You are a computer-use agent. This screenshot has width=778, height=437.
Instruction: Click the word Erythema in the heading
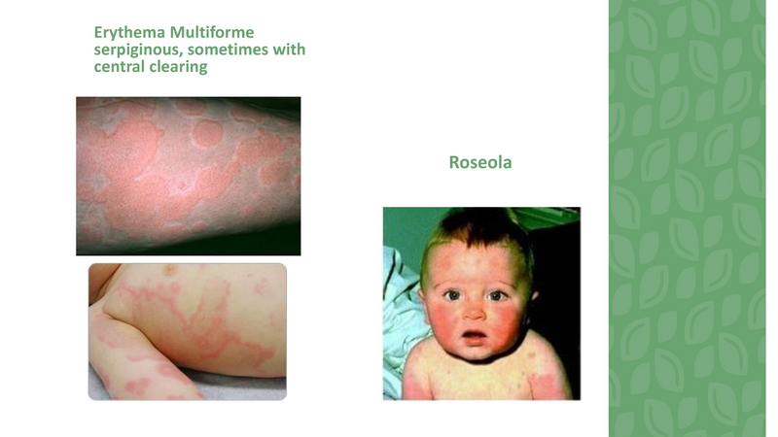(124, 32)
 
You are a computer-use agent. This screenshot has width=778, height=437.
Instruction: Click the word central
(120, 67)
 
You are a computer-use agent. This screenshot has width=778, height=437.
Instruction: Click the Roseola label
(480, 163)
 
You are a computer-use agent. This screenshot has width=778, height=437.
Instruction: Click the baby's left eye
(499, 295)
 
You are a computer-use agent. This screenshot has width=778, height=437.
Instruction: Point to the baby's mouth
(474, 337)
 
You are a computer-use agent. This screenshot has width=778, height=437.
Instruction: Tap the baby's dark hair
(477, 233)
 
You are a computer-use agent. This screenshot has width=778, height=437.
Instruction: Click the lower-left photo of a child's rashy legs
(187, 331)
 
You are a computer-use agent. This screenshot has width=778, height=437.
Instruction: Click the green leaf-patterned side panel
(692, 218)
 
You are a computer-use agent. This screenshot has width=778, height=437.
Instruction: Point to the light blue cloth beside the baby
(399, 291)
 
